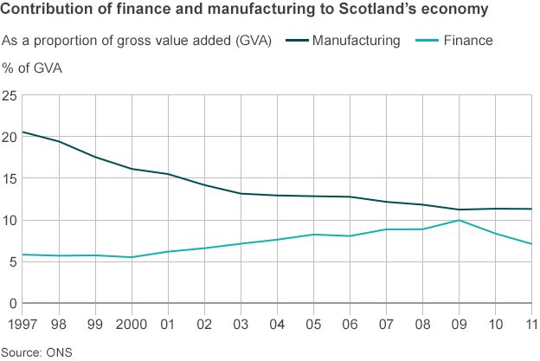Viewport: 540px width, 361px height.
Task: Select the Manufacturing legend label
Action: point(356,41)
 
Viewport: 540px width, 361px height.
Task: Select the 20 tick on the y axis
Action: point(10,137)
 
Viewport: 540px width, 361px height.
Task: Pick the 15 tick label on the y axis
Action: point(10,178)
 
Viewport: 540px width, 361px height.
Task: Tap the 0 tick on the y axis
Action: point(13,303)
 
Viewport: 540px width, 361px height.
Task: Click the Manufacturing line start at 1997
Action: point(22,132)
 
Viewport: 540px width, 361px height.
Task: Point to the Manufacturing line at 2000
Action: point(132,169)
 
